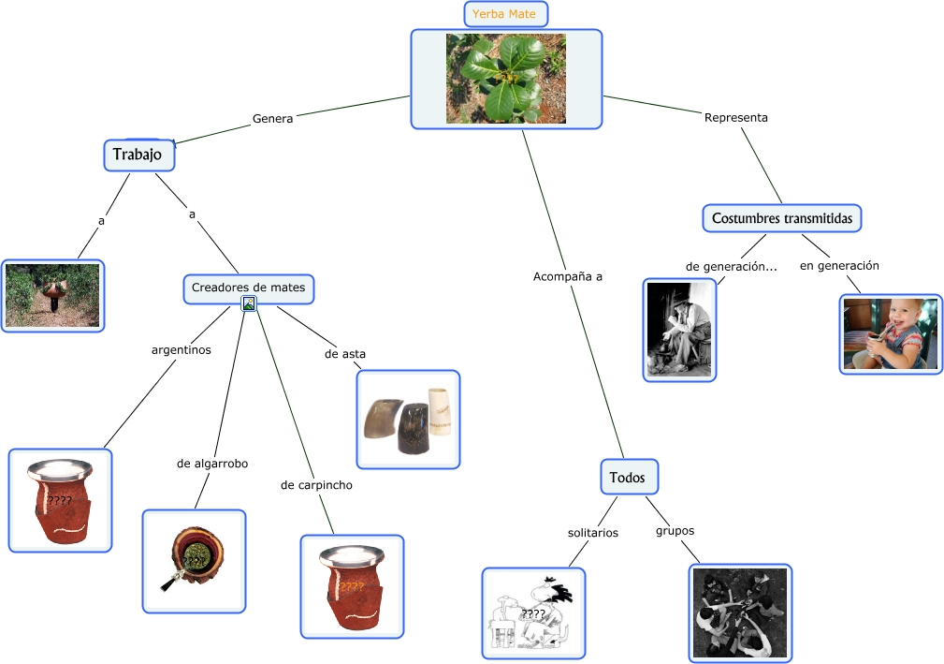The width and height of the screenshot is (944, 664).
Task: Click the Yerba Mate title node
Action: pyautogui.click(x=505, y=14)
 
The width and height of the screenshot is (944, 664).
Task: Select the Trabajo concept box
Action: pyautogui.click(x=138, y=155)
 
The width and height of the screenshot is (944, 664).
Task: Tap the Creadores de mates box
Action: pyautogui.click(x=248, y=288)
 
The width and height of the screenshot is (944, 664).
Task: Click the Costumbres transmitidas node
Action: pyautogui.click(x=781, y=218)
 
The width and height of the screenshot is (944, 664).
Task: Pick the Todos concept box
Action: pyautogui.click(x=628, y=478)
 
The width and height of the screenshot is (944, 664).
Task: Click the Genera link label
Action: pyautogui.click(x=272, y=119)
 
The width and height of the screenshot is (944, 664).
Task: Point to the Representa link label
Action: pyautogui.click(x=735, y=117)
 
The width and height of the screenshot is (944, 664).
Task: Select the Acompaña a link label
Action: pyautogui.click(x=567, y=276)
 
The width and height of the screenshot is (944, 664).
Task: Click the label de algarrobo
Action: pyautogui.click(x=212, y=464)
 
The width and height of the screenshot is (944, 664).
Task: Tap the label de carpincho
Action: pyautogui.click(x=316, y=485)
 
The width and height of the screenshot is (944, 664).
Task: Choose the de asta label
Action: pyautogui.click(x=344, y=354)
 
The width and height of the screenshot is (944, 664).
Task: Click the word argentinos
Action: pyautogui.click(x=181, y=350)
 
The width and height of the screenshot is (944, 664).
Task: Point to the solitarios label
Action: pyautogui.click(x=592, y=532)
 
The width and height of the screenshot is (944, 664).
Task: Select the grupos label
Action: pyautogui.click(x=675, y=530)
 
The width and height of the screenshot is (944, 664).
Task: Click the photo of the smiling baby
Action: pyautogui.click(x=890, y=334)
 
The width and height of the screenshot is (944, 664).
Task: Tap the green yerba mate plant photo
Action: pyautogui.click(x=505, y=79)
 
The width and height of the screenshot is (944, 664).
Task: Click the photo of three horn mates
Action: pyautogui.click(x=408, y=420)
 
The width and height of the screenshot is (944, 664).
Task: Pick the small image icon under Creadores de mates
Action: pyautogui.click(x=248, y=303)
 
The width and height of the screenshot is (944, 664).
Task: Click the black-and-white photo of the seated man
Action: pyautogui.click(x=679, y=330)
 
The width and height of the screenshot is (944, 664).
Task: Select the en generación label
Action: pyautogui.click(x=838, y=266)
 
